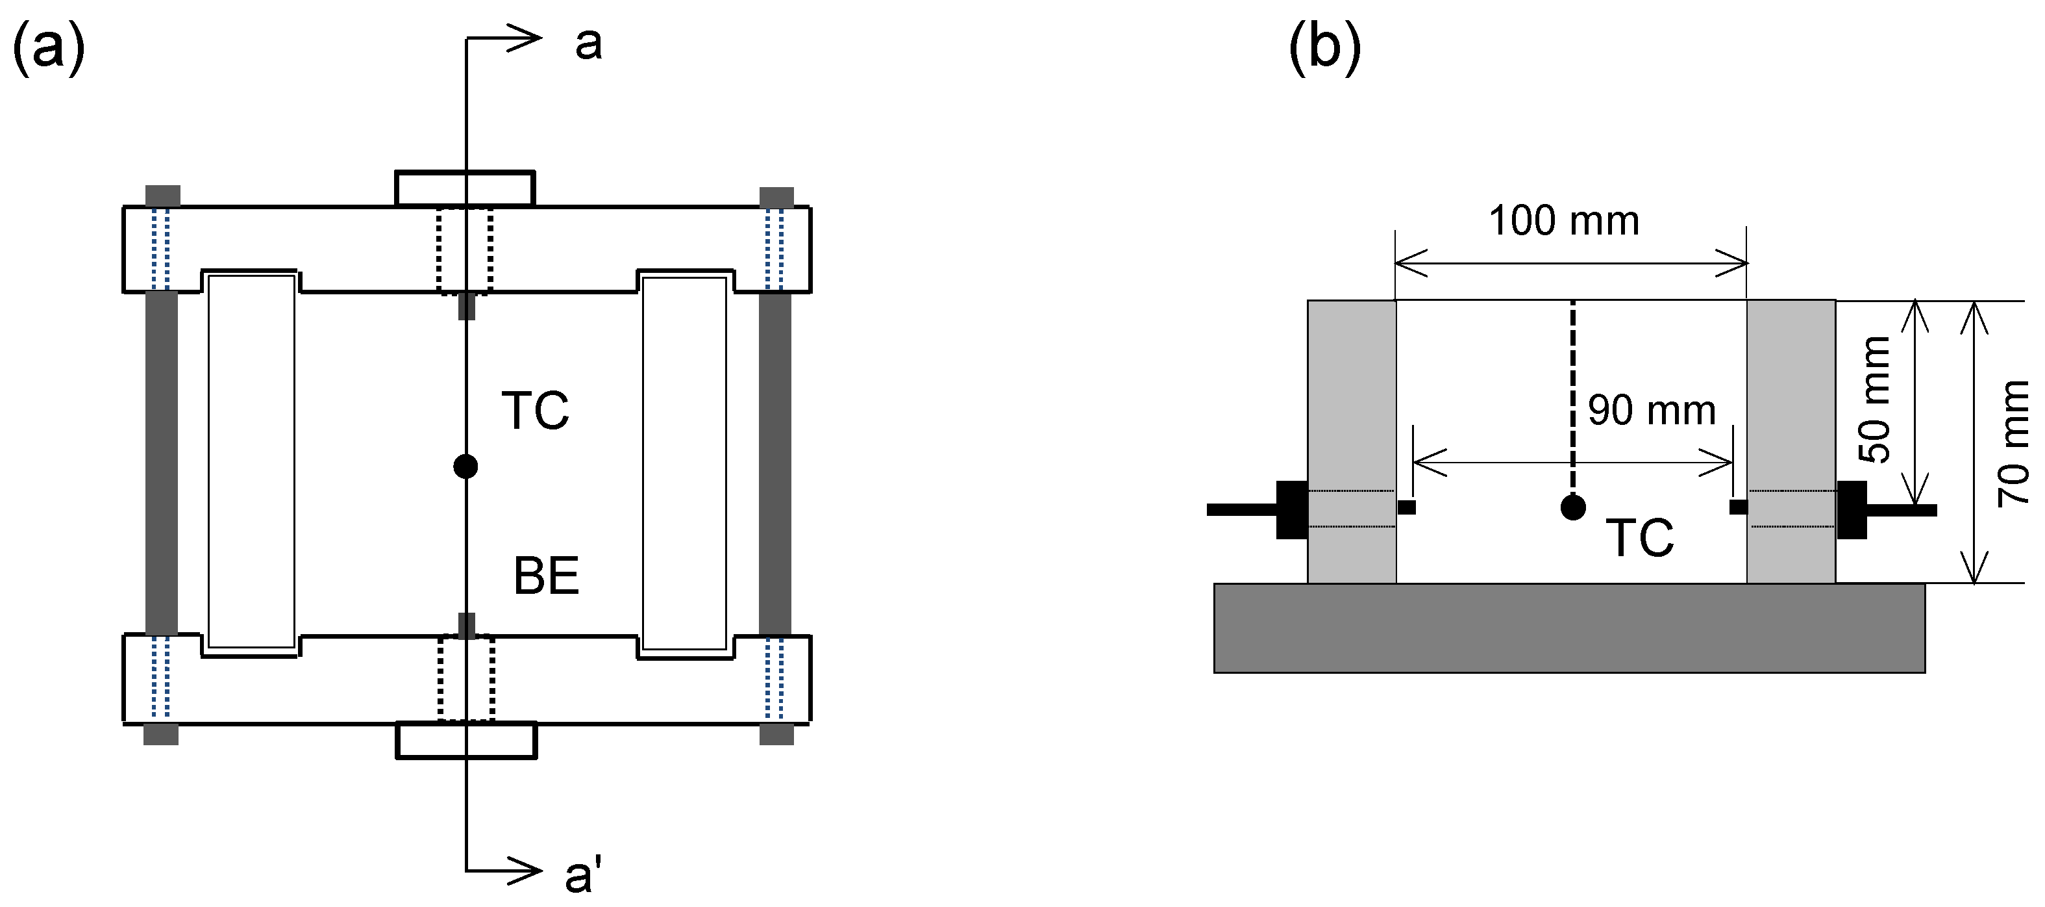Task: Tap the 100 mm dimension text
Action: tap(1563, 221)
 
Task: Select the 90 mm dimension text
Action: tap(1651, 411)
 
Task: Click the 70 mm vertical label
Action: tap(2014, 443)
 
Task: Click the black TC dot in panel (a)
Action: tap(465, 466)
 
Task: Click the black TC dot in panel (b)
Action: tap(1572, 507)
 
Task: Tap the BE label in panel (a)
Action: tap(546, 576)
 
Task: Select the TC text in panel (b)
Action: tap(1639, 539)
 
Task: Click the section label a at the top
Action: tap(588, 44)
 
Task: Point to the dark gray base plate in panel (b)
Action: tap(1568, 628)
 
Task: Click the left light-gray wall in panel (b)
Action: tap(1351, 397)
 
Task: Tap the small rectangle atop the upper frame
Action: tap(465, 188)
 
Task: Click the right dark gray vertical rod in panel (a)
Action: tap(775, 464)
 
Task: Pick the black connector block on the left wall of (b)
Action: tap(1292, 510)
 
